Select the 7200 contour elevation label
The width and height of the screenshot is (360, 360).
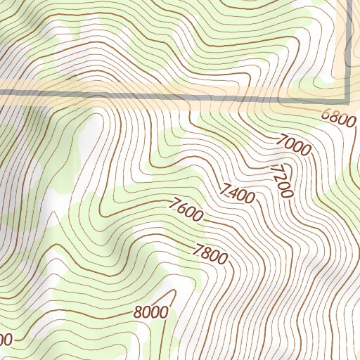(281, 180)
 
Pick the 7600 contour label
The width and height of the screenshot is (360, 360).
(186, 210)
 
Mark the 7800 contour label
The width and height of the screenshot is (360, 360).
(210, 252)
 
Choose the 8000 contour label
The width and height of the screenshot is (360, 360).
(150, 312)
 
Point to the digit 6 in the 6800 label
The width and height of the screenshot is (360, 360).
(326, 114)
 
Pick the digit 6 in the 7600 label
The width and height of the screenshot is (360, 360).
(179, 207)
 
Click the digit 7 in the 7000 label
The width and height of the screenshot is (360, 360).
(280, 141)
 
